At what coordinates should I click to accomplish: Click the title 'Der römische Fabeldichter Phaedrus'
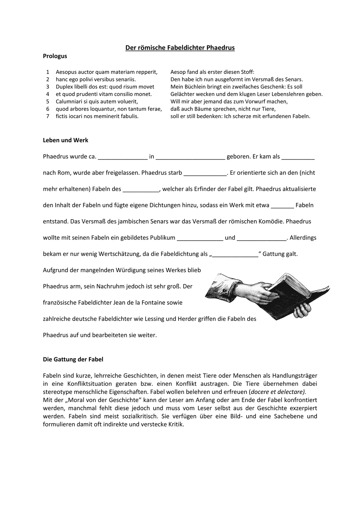[x=180, y=48]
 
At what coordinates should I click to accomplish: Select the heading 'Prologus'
[x=55, y=56]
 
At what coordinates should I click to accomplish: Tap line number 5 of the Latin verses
[x=48, y=101]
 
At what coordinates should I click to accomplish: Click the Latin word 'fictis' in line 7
[x=62, y=116]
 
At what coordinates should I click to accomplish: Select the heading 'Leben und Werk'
[x=66, y=140]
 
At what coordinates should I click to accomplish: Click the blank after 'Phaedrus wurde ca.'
[x=123, y=157]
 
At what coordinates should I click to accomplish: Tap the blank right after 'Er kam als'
[x=298, y=157]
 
